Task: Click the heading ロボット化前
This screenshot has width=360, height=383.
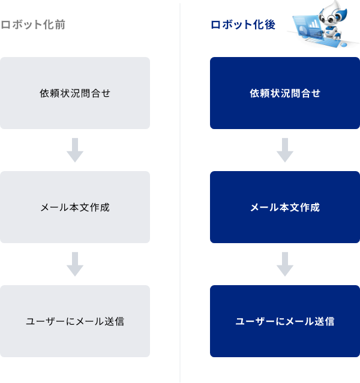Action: coord(34,25)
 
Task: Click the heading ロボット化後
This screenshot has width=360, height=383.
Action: coord(243,25)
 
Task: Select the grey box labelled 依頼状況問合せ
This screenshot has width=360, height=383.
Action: coord(75,93)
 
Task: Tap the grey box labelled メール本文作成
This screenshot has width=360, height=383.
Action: coord(75,207)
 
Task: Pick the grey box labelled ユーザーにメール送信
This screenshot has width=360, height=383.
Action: coord(75,321)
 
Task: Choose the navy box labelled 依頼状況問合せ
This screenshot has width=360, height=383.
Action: coord(285,93)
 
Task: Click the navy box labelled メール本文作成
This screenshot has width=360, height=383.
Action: coord(285,207)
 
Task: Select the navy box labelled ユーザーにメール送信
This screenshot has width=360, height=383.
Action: coord(285,321)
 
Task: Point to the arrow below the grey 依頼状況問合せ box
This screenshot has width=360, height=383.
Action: coord(75,150)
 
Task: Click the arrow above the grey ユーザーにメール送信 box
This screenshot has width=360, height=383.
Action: coord(75,264)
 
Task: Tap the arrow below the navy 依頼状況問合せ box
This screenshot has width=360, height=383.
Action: coord(285,150)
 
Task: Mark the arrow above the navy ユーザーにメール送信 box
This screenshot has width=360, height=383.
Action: coord(285,264)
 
